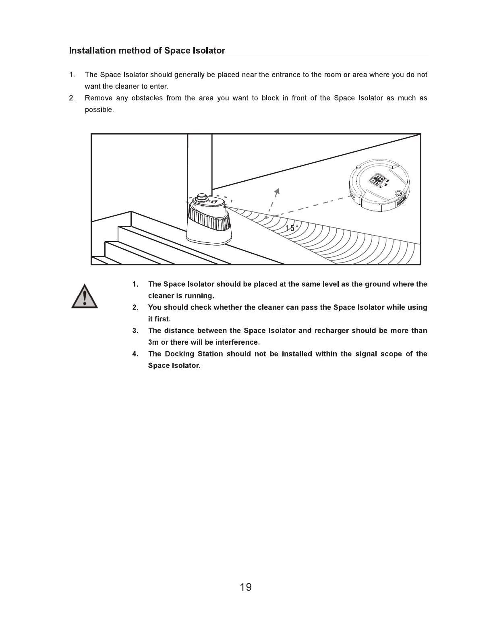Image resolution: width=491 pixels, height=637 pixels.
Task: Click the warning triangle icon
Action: tap(85, 297)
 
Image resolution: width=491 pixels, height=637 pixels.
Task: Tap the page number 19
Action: tap(246, 587)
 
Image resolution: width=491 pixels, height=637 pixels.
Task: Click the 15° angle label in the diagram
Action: tap(292, 228)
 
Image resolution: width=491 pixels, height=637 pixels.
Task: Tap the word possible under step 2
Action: tap(99, 110)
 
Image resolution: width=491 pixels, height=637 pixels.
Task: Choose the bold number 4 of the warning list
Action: tap(135, 354)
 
